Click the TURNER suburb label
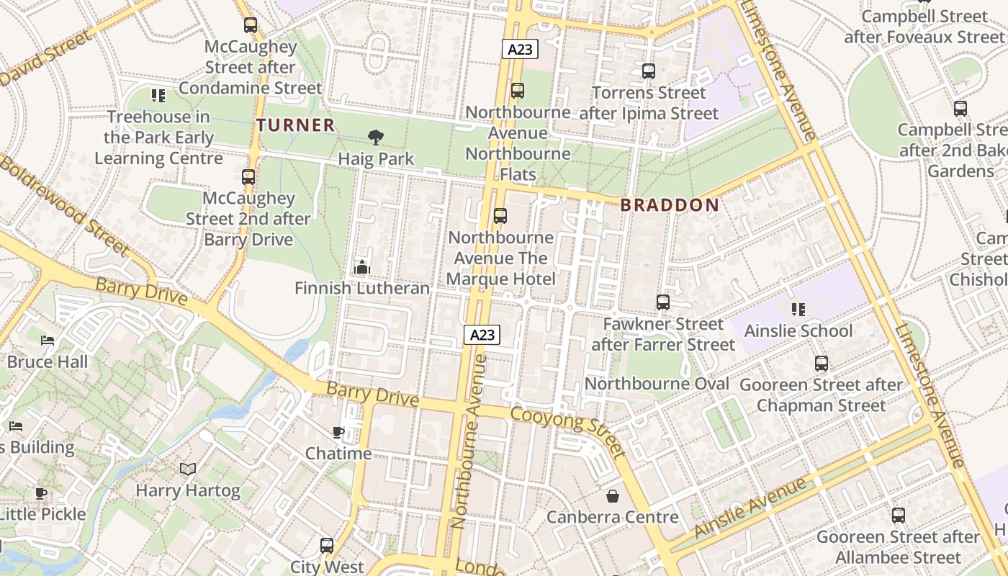[x=296, y=125]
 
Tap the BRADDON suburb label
[x=670, y=205]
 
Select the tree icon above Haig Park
[x=375, y=137]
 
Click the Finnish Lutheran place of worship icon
[x=361, y=267]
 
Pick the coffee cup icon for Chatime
[x=338, y=432]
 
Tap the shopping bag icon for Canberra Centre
[x=612, y=496]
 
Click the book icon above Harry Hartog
[x=188, y=469]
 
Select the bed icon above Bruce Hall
[x=48, y=340]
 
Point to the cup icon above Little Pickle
[x=41, y=493]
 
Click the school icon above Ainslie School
[x=798, y=310]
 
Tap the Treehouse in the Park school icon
[x=158, y=95]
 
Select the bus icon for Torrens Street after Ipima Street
[x=649, y=71]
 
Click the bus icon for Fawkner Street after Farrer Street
[x=663, y=302]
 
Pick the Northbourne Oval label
[x=657, y=384]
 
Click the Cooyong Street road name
[x=567, y=430]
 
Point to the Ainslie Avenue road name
[x=752, y=508]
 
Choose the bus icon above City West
[x=327, y=546]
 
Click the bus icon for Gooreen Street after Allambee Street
[x=898, y=516]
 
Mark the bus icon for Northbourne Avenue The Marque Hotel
[x=500, y=216]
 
